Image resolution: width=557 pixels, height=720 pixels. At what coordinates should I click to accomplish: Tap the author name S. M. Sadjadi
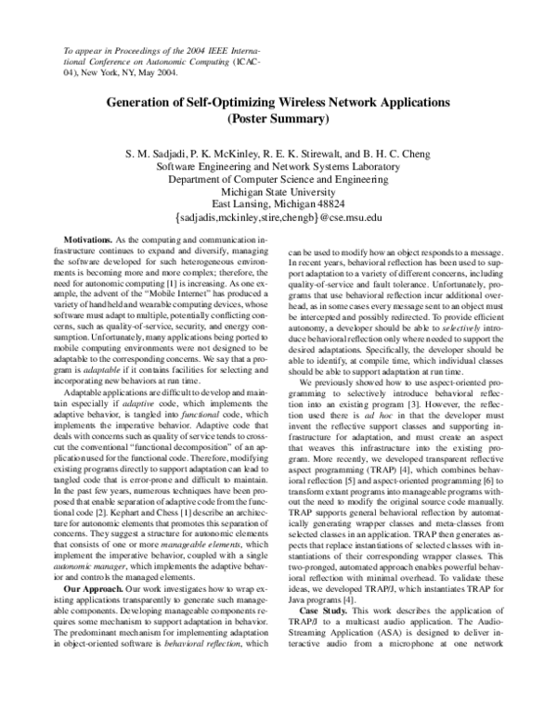164,151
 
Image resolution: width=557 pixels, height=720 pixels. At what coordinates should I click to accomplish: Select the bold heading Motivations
103,240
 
